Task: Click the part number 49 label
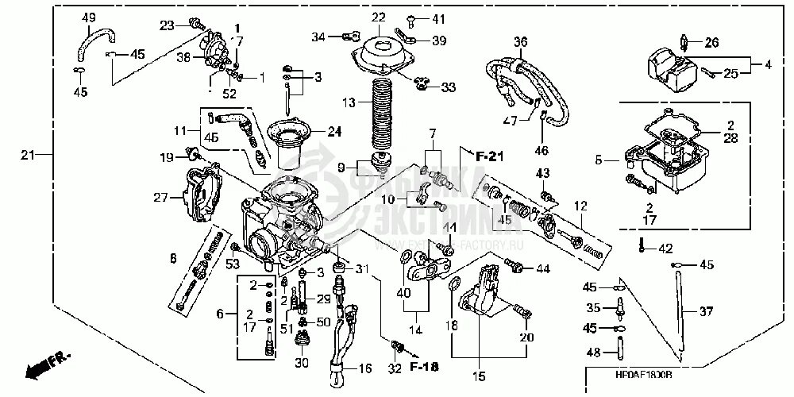point(88,18)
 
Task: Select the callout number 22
point(378,17)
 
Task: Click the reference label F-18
point(425,367)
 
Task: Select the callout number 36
point(520,42)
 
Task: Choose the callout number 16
point(364,369)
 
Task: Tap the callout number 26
point(711,42)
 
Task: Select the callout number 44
point(542,269)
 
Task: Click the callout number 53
point(233,264)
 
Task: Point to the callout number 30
point(301,364)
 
